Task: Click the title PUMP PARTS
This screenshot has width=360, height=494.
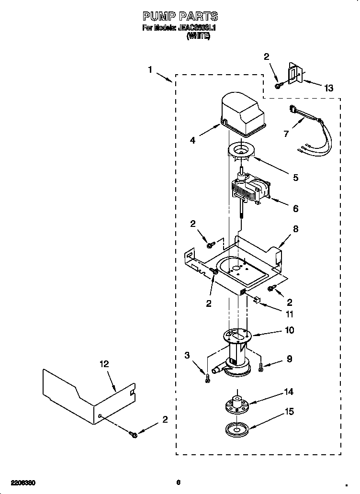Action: point(180,17)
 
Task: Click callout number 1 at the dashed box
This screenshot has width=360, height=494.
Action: point(150,70)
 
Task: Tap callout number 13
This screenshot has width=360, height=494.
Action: point(328,88)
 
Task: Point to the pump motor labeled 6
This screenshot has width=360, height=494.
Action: point(250,189)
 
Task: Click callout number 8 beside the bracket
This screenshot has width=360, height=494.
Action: point(295,229)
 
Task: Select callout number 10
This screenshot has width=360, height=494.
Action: point(289,330)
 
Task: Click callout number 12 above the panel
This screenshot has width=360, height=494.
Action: point(104,364)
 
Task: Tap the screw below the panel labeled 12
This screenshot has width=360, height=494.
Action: point(133,434)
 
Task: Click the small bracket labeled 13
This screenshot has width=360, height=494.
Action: point(293,73)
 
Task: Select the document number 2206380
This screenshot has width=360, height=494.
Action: point(22,482)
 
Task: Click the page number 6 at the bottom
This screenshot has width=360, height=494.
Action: point(178,482)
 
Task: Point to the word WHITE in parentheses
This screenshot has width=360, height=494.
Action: point(198,36)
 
